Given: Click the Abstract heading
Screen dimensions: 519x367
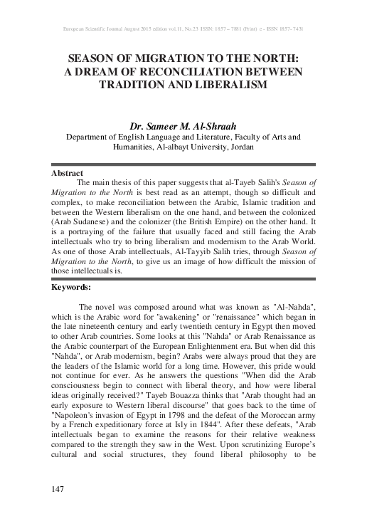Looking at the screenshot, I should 68,173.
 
